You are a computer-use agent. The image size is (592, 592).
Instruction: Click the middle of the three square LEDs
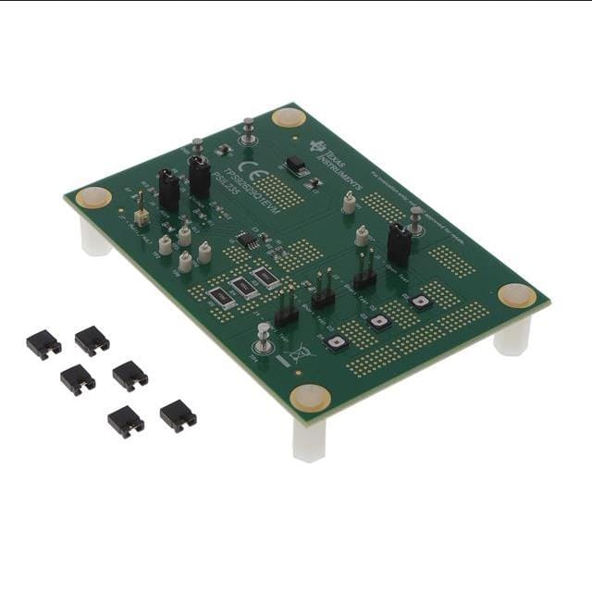(379, 322)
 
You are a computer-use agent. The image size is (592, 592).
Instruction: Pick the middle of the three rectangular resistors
(244, 287)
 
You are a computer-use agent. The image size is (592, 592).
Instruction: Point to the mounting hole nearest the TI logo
(289, 117)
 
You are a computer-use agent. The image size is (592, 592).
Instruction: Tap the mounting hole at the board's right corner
(516, 295)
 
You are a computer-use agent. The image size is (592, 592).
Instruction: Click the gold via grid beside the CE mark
(287, 192)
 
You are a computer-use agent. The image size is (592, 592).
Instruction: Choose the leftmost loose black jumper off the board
(43, 345)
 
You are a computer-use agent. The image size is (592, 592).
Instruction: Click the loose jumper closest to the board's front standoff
(178, 415)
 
